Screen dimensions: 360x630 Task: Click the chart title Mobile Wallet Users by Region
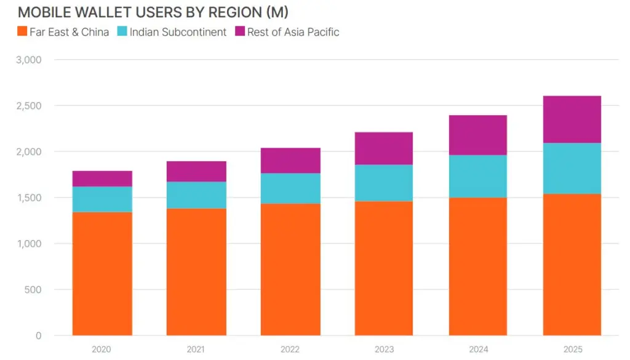tap(153, 12)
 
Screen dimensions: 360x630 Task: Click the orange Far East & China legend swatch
tap(22, 32)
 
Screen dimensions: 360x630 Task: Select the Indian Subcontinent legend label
tap(178, 32)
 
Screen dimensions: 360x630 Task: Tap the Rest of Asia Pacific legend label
tap(293, 32)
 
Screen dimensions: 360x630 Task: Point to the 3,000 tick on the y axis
tap(30, 60)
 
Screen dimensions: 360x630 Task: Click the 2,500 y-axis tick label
tap(30, 106)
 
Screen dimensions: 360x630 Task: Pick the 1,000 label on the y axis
tap(30, 244)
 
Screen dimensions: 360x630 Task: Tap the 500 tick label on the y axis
tap(33, 290)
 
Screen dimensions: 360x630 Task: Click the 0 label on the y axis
tap(38, 335)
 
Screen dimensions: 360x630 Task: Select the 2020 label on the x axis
tap(102, 350)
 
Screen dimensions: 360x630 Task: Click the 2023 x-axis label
tap(385, 350)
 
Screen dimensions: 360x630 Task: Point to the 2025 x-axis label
tap(572, 350)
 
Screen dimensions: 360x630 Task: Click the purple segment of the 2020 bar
tap(102, 178)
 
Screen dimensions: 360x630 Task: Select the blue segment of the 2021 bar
tap(196, 194)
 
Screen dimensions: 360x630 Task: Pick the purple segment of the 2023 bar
tap(385, 148)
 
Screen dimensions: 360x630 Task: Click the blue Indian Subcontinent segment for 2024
tap(478, 176)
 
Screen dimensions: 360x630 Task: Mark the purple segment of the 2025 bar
tap(572, 119)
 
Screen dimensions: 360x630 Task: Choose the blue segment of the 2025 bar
tap(572, 168)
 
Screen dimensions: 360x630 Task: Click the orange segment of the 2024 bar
tap(478, 266)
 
